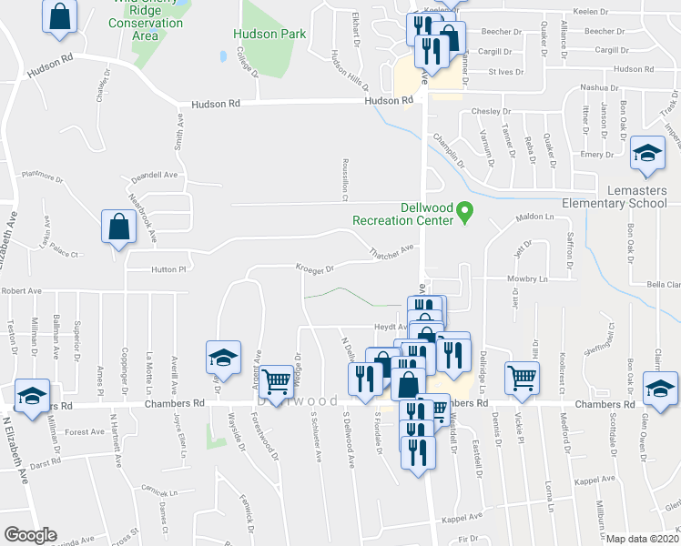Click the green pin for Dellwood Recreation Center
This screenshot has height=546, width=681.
[464, 212]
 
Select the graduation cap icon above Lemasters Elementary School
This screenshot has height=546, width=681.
[647, 154]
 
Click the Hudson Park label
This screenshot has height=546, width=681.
[269, 34]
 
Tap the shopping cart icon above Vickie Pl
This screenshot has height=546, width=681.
[523, 376]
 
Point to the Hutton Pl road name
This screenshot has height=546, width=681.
[168, 269]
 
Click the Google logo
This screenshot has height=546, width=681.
[30, 534]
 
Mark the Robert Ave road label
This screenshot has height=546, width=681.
[22, 291]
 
